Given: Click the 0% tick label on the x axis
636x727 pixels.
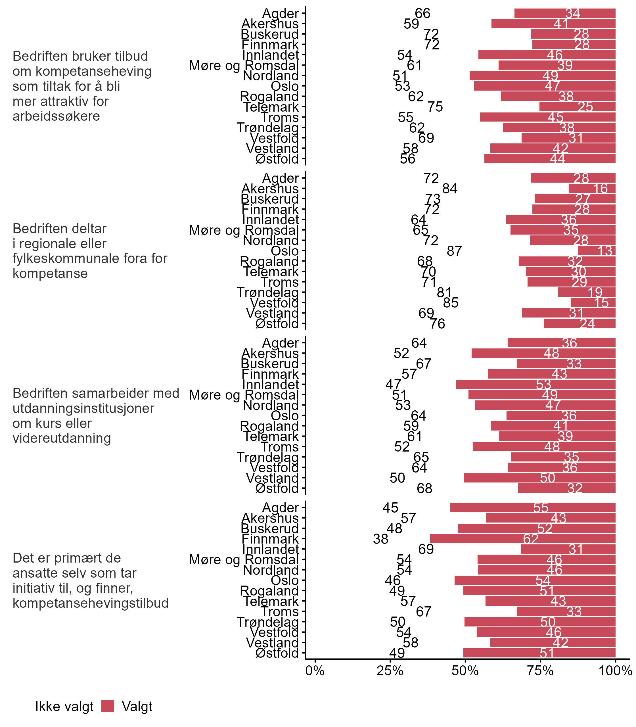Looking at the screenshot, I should pos(315,670).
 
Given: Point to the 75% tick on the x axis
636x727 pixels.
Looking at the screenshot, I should pos(540,670).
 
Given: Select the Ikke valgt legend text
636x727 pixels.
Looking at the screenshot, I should pos(64,707).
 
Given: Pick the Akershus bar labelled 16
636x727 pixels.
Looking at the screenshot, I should pos(592,189).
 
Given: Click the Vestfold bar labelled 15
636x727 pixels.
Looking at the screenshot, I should pos(593,303).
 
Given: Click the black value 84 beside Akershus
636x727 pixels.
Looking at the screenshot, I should pos(450,189).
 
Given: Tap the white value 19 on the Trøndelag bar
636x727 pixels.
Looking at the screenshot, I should pos(595,293).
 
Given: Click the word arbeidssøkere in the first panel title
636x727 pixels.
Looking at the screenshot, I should pos(56,116).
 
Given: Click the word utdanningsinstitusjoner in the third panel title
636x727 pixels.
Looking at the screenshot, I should pos(83,408).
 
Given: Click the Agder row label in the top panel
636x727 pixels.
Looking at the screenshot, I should pos(281,14).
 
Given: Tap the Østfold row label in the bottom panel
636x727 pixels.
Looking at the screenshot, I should pos(277,653).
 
